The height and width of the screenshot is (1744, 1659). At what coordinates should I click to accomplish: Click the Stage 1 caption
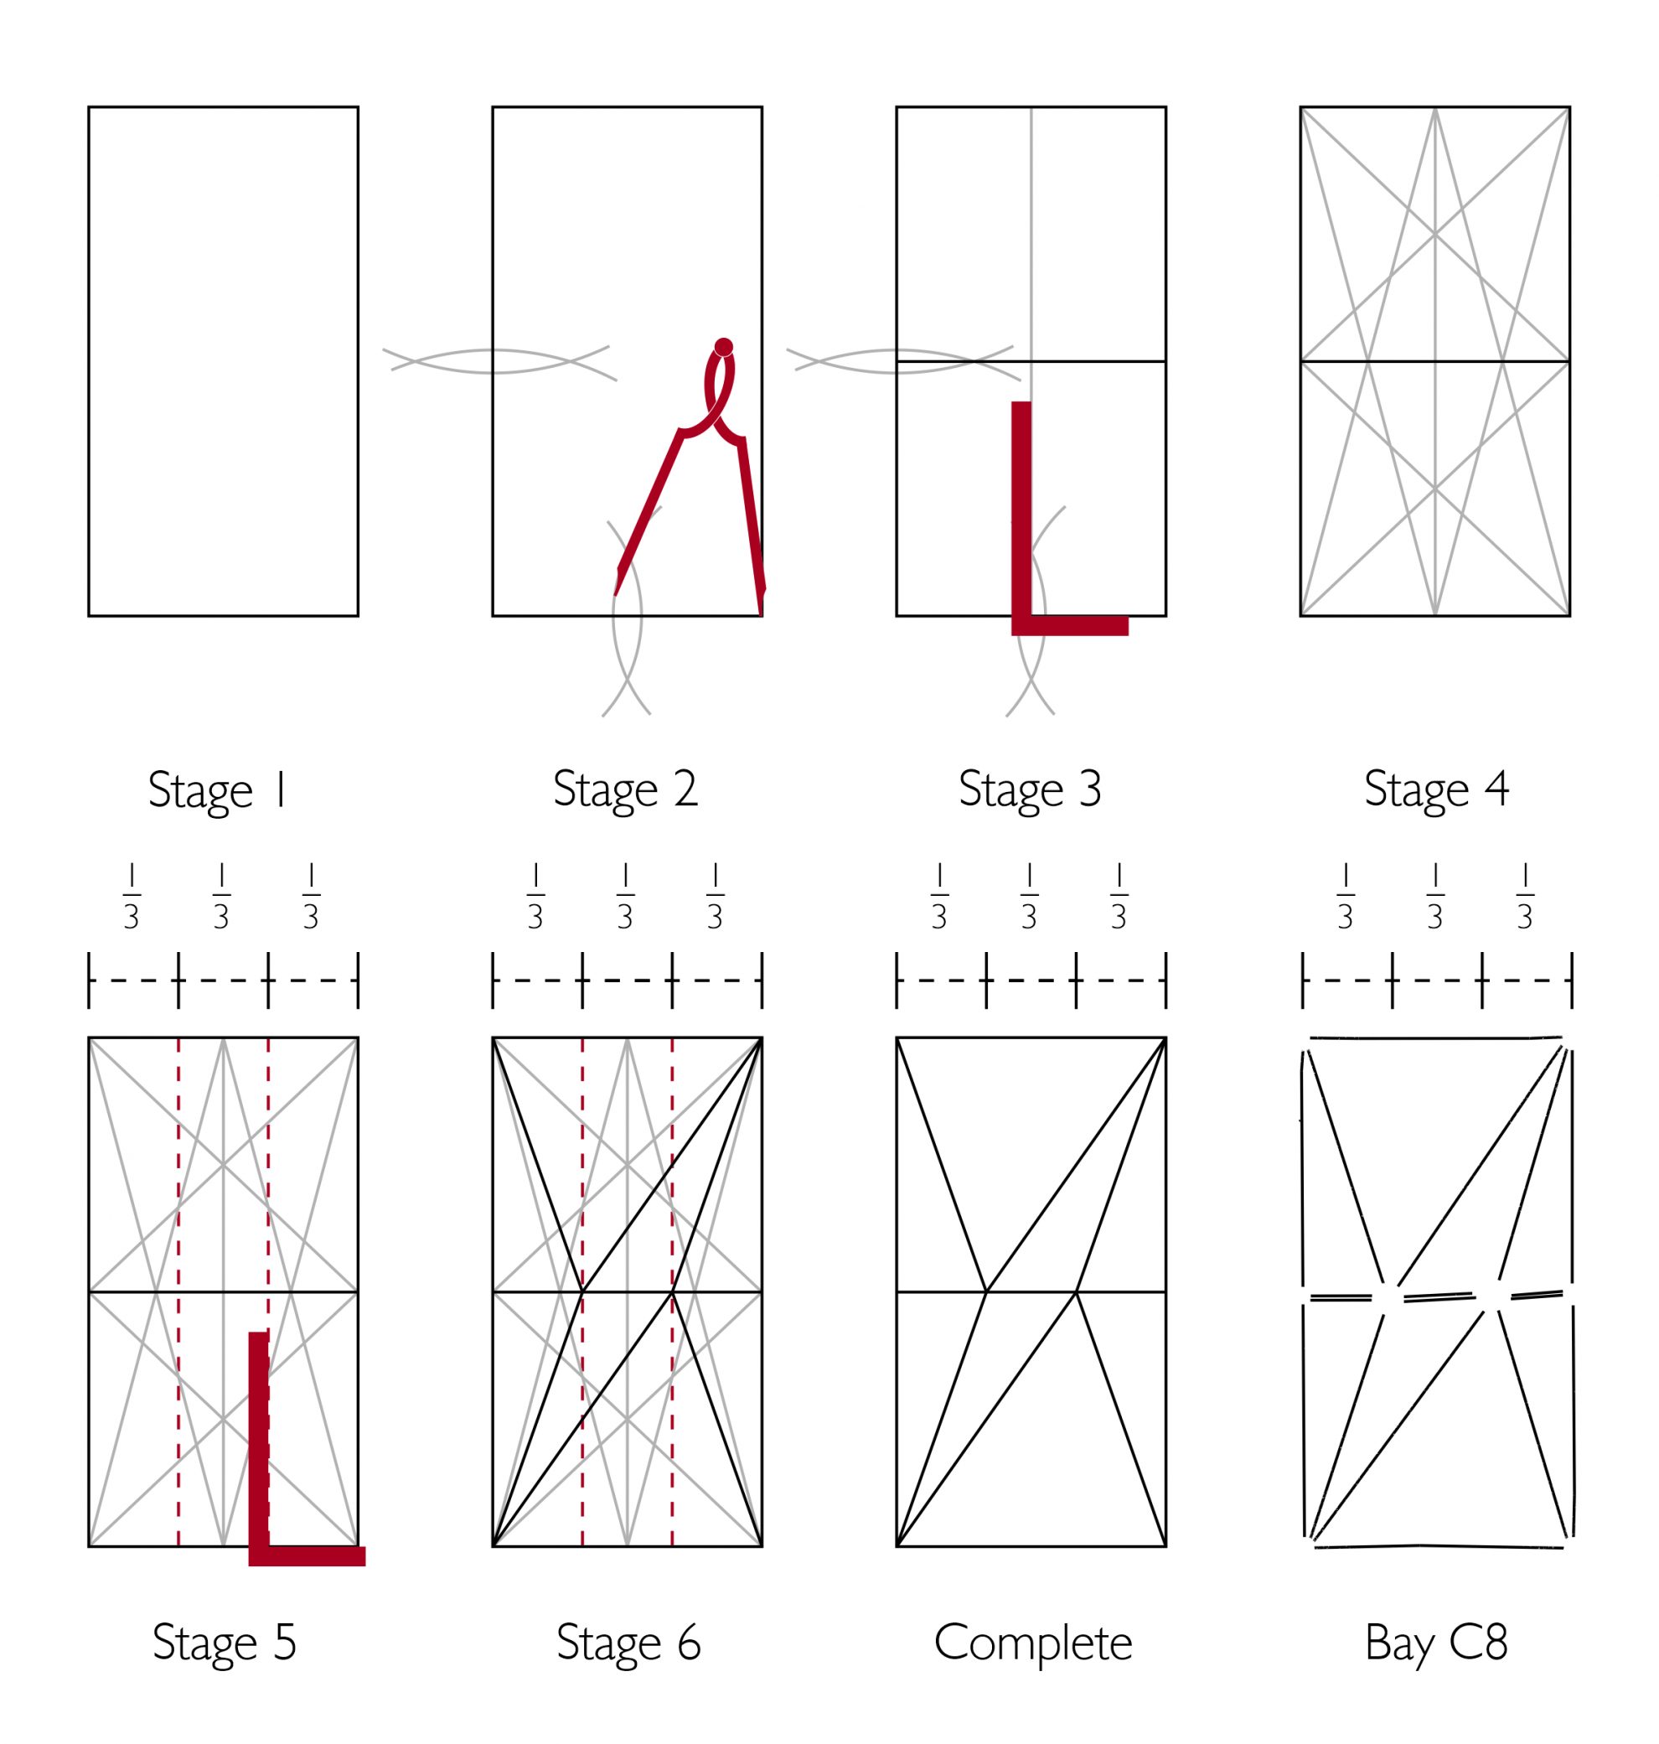click(218, 790)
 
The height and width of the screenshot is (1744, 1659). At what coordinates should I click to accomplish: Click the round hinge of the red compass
click(723, 347)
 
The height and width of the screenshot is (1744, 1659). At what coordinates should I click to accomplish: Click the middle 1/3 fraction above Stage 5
click(221, 897)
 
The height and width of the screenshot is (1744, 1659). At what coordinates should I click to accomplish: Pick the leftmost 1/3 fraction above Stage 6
click(535, 897)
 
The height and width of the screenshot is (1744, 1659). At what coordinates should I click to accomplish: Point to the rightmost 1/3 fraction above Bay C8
click(1525, 897)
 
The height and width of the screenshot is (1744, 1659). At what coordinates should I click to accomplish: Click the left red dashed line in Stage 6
click(581, 1292)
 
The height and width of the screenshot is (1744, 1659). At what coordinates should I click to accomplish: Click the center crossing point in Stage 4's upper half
click(1434, 235)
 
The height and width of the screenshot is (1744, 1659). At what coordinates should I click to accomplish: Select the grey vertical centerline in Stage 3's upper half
click(1031, 235)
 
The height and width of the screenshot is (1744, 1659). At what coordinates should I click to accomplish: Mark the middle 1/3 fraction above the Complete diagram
click(1028, 897)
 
